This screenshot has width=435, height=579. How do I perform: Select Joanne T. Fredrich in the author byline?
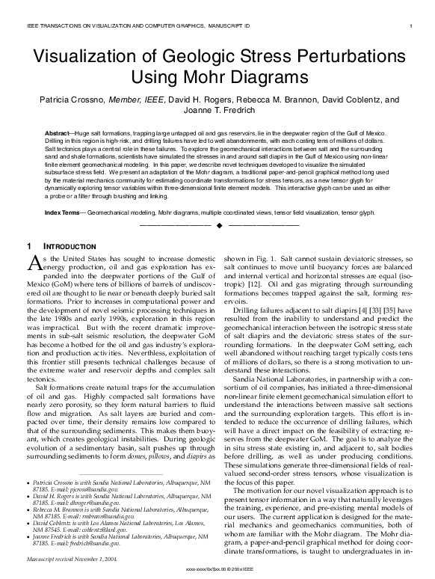point(217,111)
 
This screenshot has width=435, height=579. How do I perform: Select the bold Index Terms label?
point(64,213)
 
